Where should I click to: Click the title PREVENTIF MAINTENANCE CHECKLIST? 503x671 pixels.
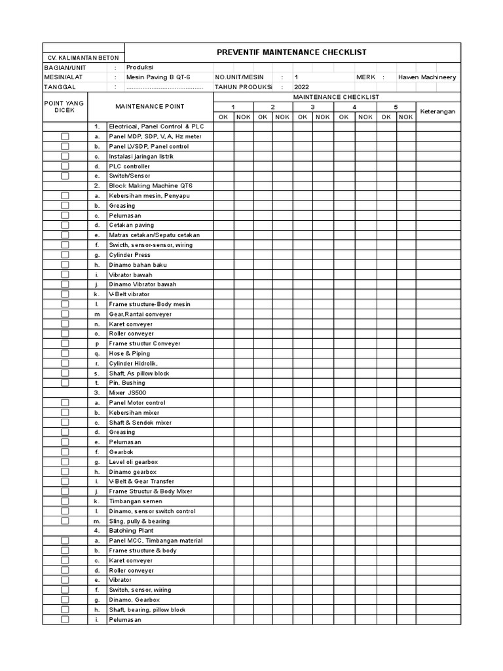tap(291, 52)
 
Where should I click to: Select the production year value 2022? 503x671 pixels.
tap(301, 86)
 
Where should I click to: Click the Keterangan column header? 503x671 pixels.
tap(438, 111)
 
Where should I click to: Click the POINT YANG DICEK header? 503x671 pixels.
tap(64, 107)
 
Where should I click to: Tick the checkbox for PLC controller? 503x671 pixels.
tap(65, 166)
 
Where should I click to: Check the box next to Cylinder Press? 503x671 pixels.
tap(65, 255)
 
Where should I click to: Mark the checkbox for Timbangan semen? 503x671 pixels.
tap(65, 501)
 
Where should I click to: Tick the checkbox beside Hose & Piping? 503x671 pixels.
tap(65, 353)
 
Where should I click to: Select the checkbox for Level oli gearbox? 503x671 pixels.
tap(65, 461)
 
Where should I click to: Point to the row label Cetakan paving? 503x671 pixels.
tap(131, 225)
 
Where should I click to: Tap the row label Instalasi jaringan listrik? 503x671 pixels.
tap(141, 157)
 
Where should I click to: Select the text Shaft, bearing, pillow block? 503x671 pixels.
tap(147, 609)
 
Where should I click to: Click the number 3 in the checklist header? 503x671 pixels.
tap(312, 107)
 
